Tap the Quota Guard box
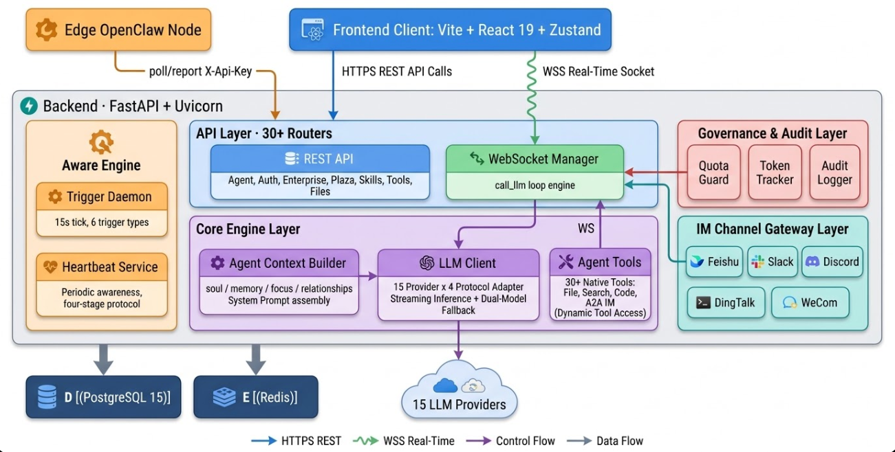(713, 172)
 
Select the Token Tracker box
(775, 172)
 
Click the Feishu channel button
(715, 262)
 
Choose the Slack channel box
(772, 262)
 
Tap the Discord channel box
(832, 262)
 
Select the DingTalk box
(726, 302)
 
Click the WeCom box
(809, 302)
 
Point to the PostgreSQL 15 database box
(103, 397)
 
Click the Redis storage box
(255, 397)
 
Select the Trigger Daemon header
(102, 197)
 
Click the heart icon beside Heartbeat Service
(50, 267)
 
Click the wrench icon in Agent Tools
(566, 262)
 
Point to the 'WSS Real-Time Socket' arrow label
(599, 71)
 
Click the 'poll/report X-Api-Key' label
(200, 71)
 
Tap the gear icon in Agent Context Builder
(217, 262)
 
